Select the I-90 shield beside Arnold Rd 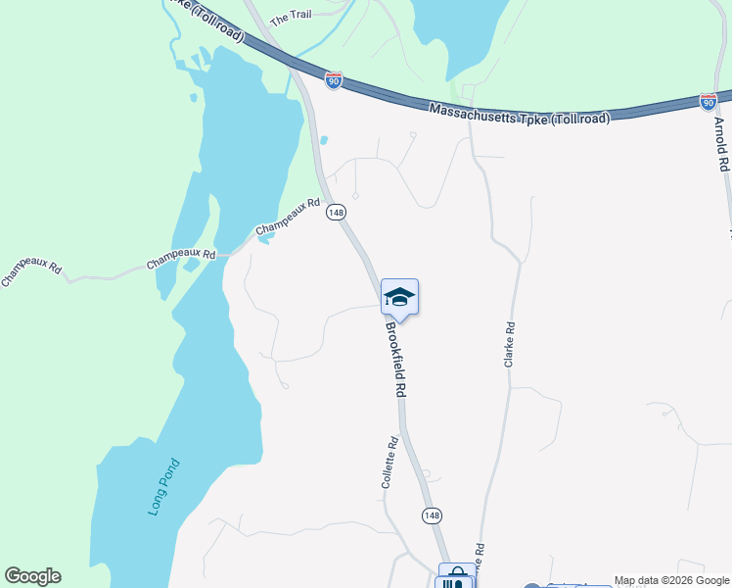tap(709, 101)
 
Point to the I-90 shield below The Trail tap(334, 81)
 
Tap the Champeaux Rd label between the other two tap(181, 259)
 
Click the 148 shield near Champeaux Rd tap(337, 212)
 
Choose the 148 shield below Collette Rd tap(432, 514)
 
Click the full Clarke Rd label tap(509, 344)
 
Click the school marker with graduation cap tap(399, 297)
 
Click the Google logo tap(32, 576)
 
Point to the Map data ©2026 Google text tap(671, 580)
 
